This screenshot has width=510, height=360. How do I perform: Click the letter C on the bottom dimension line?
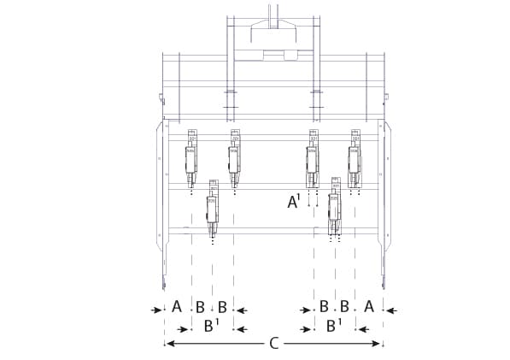pyautogui.click(x=274, y=344)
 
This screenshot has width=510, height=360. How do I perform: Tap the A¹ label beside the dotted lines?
pyautogui.click(x=293, y=202)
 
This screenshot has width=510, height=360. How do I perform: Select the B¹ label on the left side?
pyautogui.click(x=211, y=326)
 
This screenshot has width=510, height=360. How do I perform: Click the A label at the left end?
pyautogui.click(x=177, y=307)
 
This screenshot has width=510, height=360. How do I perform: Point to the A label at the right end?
pyautogui.click(x=369, y=307)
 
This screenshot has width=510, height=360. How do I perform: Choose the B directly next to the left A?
pyautogui.click(x=200, y=307)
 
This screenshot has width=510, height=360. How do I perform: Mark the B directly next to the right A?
pyautogui.click(x=344, y=307)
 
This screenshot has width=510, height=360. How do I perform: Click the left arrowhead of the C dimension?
pyautogui.click(x=171, y=344)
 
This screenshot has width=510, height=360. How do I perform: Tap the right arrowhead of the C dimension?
pyautogui.click(x=375, y=344)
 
